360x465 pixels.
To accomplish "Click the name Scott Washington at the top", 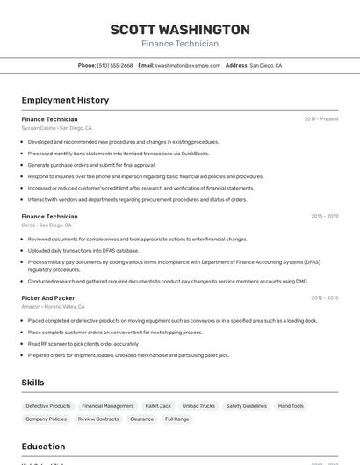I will click(180, 30).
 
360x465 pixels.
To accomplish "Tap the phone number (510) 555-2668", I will click(115, 65).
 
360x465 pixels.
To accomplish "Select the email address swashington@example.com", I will click(188, 65).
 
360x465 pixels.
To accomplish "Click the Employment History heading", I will click(65, 100).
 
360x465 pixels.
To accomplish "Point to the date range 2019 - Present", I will click(320, 119).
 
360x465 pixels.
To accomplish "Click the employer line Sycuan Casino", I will click(56, 128).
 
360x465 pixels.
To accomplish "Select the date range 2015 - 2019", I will click(324, 216).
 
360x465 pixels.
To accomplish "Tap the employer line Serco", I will click(47, 225).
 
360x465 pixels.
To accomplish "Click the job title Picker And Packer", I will click(48, 298).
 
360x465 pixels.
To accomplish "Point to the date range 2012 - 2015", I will click(324, 298).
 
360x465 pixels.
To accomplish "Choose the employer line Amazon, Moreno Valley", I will click(53, 307).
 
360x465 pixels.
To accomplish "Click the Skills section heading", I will click(32, 383).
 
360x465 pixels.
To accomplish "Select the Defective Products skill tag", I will click(48, 406).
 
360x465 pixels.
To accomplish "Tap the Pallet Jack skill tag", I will click(158, 406).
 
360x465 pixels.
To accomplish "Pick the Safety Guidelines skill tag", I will click(246, 406).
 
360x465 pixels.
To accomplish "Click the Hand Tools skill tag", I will click(291, 406).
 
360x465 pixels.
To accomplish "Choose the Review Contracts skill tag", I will click(98, 419).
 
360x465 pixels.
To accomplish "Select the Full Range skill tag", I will click(176, 419).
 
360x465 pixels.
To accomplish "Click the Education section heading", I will click(43, 446).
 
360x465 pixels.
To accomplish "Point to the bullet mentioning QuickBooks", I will click(119, 154).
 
